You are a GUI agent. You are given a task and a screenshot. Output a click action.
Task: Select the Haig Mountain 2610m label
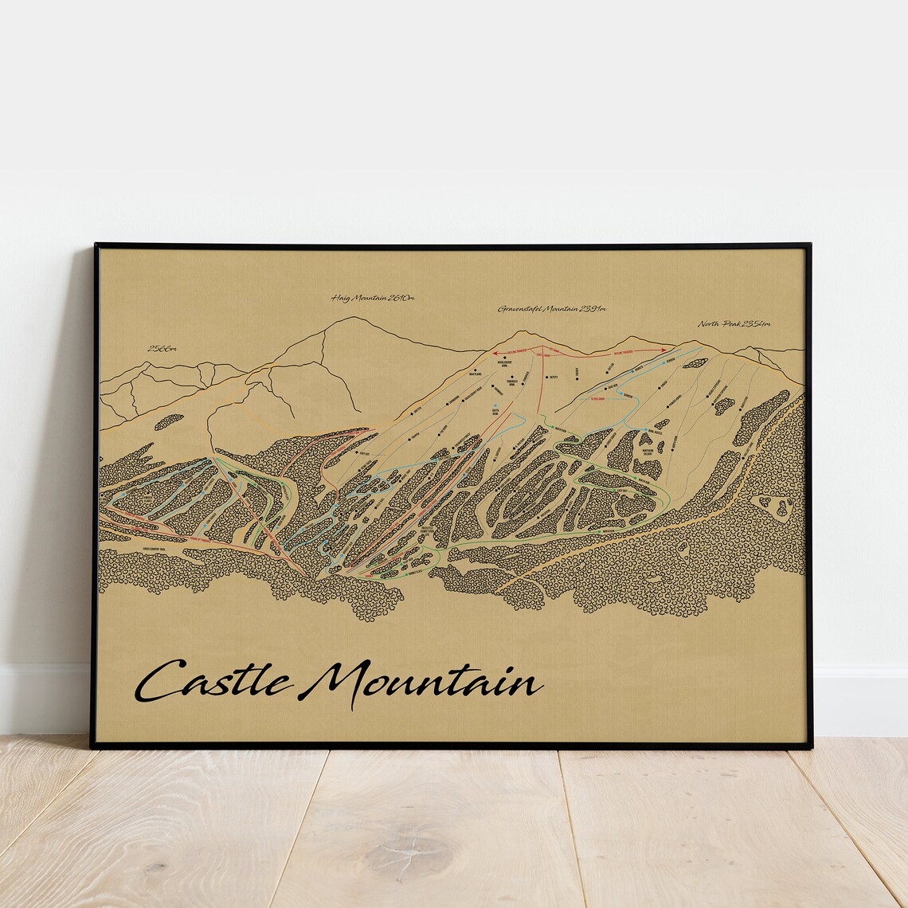(373, 299)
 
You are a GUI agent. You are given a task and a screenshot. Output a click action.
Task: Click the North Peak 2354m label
(734, 323)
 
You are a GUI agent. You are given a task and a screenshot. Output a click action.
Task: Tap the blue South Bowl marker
(495, 406)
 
